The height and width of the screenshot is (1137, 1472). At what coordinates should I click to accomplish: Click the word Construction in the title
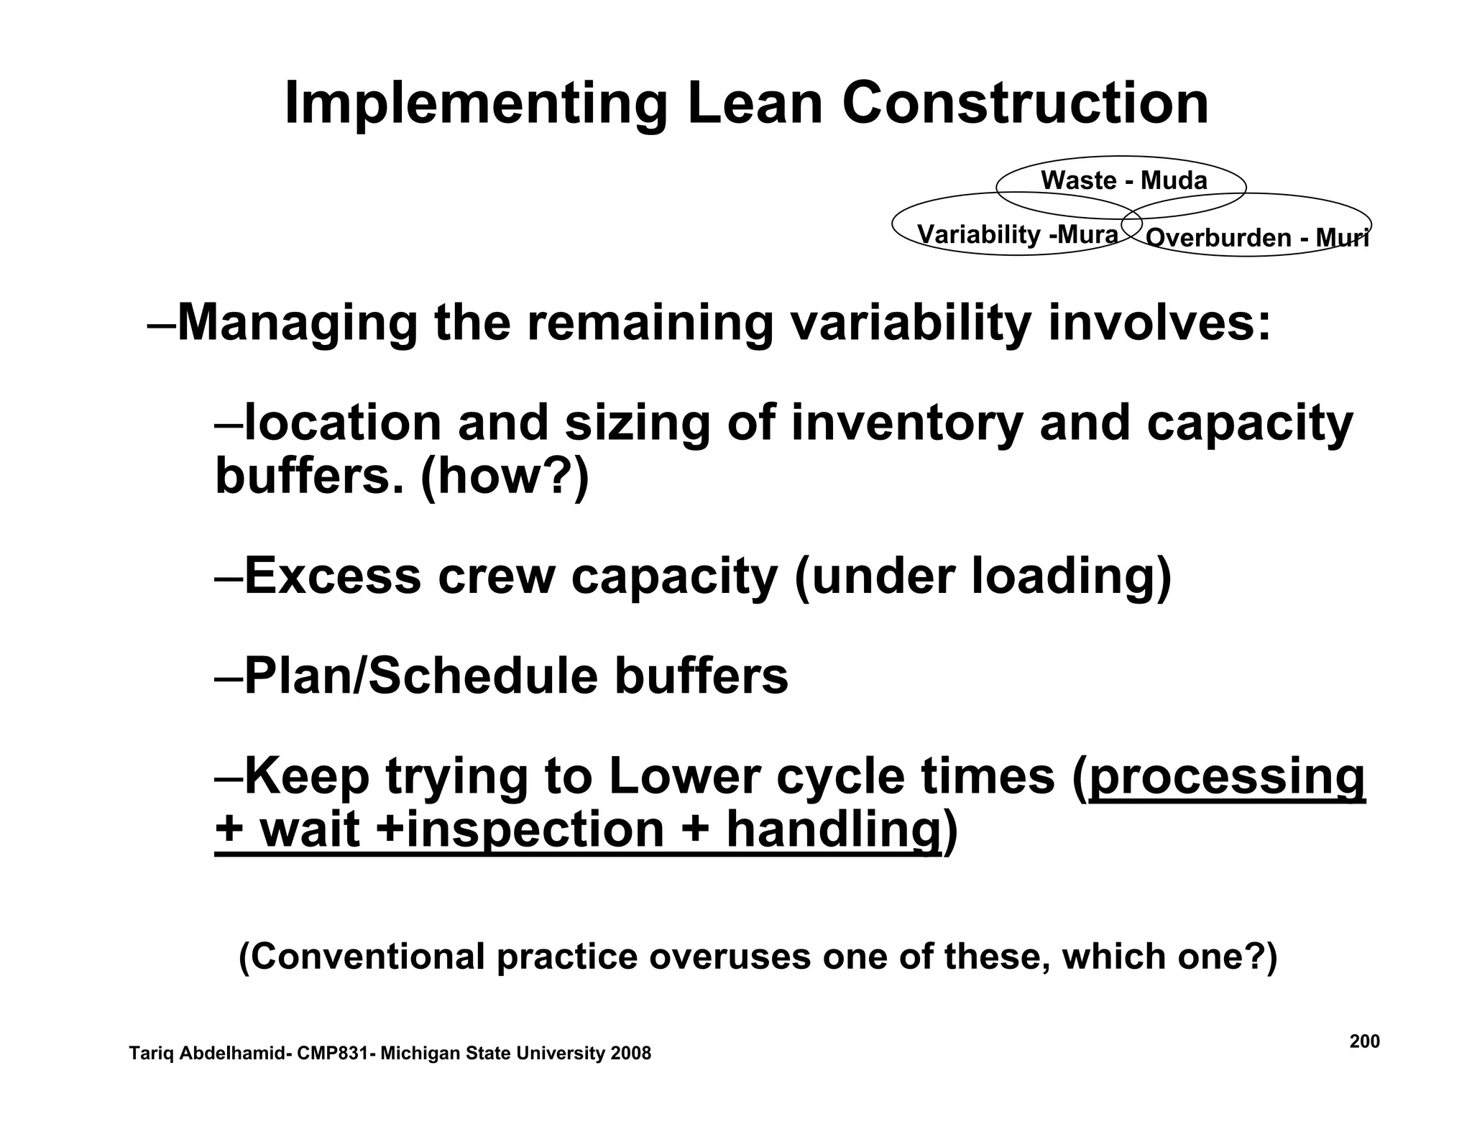[x=1025, y=103]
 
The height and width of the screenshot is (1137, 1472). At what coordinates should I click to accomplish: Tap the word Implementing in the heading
[x=475, y=105]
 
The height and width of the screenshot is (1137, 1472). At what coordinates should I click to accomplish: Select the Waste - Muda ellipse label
[x=1123, y=180]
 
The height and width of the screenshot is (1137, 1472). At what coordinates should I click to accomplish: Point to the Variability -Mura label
[x=1017, y=234]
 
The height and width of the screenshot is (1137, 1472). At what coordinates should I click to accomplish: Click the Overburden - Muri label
[x=1256, y=238]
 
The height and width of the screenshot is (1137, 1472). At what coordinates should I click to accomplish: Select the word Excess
[x=332, y=576]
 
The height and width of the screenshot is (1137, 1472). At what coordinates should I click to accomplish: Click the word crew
[x=496, y=576]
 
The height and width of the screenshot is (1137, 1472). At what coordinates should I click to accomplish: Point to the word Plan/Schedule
[x=421, y=676]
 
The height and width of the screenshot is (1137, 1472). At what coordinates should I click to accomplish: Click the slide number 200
[x=1364, y=1041]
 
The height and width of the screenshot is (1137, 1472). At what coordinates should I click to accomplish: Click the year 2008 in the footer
[x=630, y=1054]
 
